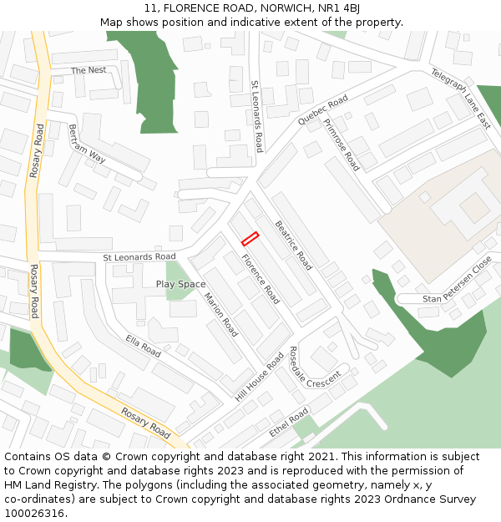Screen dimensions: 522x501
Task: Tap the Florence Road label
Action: [261, 277]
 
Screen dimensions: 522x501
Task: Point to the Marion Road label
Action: [221, 312]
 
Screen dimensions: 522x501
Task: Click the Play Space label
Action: [180, 285]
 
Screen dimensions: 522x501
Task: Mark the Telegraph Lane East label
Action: [461, 99]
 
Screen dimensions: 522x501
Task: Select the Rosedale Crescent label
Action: [315, 367]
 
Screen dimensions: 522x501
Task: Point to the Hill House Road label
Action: [260, 378]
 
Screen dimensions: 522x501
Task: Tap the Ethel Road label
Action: [289, 423]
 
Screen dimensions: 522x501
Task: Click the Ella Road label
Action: [143, 346]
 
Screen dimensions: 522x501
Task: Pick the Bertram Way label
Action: [87, 144]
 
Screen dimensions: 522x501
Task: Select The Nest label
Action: [89, 70]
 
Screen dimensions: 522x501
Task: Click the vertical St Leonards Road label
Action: [257, 115]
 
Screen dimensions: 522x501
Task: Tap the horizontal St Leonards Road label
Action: [139, 256]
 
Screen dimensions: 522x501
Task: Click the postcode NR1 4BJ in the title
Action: [341, 8]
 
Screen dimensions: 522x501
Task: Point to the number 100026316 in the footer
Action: [34, 514]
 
